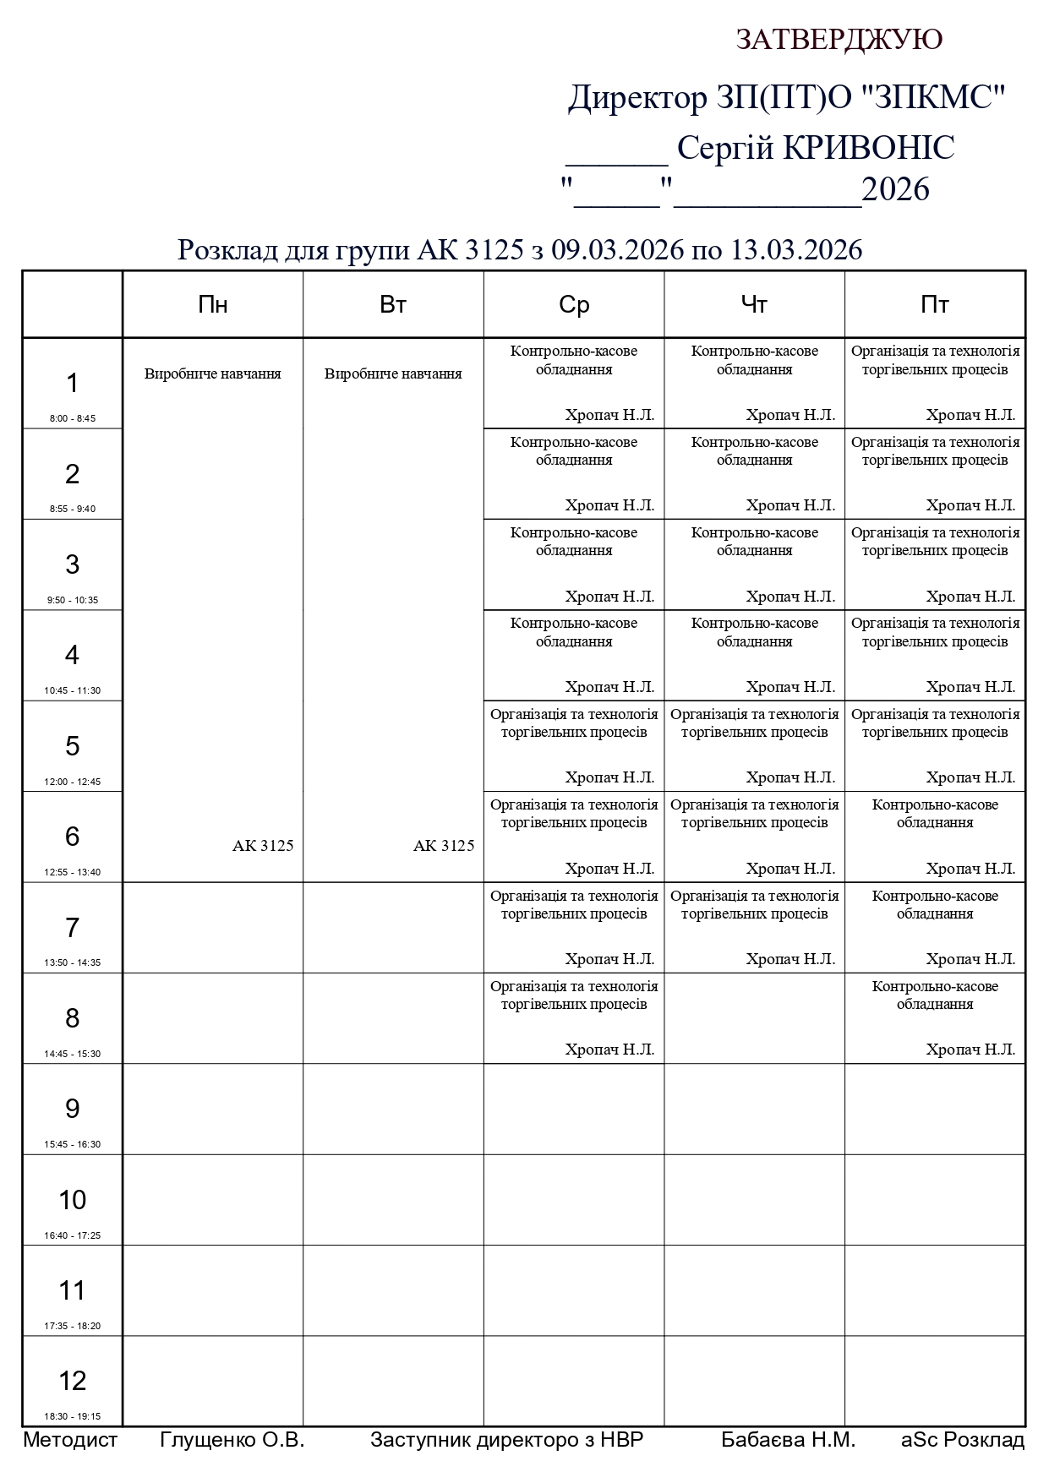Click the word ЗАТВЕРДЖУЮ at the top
click(x=839, y=40)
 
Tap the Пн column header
click(x=212, y=304)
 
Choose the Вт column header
click(x=393, y=304)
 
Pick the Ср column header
click(x=574, y=304)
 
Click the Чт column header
click(x=754, y=304)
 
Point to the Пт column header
click(x=935, y=304)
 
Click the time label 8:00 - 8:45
click(x=73, y=418)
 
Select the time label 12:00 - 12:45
click(x=73, y=782)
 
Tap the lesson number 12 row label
click(x=73, y=1381)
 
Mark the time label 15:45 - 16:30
click(x=73, y=1144)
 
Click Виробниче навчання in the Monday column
click(x=212, y=373)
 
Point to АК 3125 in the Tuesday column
click(x=444, y=846)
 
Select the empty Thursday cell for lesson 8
click(x=754, y=1018)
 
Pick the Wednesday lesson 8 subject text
click(x=574, y=995)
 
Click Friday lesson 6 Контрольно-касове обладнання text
click(x=935, y=814)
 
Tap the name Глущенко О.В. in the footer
click(x=232, y=1440)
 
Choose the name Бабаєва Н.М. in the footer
click(x=788, y=1440)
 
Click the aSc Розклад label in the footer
click(x=963, y=1440)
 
